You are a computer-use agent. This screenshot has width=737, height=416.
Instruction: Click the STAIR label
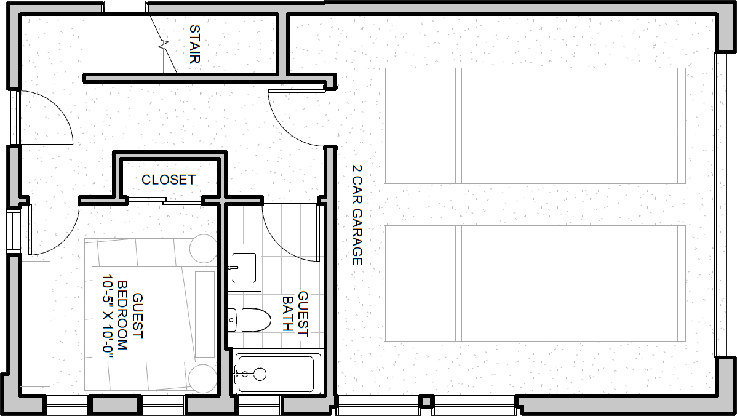click(194, 44)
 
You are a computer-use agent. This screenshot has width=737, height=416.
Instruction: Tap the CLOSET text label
click(169, 180)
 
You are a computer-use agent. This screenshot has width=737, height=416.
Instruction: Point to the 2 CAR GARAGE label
click(357, 214)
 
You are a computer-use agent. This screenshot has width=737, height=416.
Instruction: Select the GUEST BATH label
click(296, 314)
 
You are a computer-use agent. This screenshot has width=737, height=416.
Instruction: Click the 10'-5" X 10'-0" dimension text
click(108, 317)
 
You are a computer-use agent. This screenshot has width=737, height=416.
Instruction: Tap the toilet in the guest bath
click(249, 320)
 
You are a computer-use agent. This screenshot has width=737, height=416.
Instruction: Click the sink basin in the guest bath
click(244, 268)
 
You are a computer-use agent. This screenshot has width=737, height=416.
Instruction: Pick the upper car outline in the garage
click(535, 126)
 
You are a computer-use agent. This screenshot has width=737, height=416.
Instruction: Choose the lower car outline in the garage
click(535, 283)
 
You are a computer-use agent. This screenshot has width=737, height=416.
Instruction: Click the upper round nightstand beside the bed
click(203, 249)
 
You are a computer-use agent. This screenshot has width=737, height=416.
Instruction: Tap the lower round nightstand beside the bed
click(203, 378)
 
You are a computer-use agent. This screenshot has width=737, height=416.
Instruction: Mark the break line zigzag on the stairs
click(163, 45)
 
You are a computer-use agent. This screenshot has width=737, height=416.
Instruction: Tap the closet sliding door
click(164, 201)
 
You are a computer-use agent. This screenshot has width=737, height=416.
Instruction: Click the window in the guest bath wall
click(259, 405)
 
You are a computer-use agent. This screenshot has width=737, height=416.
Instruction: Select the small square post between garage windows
click(426, 401)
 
